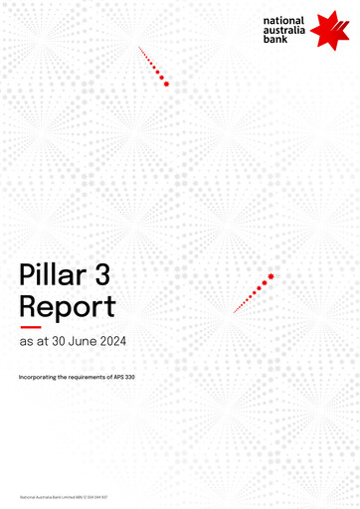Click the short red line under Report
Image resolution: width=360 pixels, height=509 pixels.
30,327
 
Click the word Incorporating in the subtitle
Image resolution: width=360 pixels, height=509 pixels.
38,378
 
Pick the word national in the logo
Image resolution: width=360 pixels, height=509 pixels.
283,20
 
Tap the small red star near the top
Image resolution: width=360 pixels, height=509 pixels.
166,84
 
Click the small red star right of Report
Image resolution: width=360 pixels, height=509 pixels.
270,275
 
